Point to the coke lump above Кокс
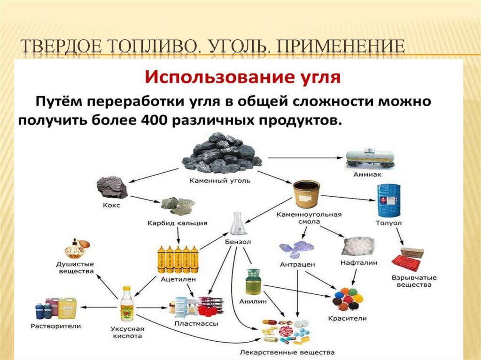tap(112, 187)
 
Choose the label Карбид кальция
tap(177, 223)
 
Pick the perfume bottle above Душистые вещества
tap(75, 249)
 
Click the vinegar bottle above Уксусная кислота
tap(126, 304)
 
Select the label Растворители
tap(55, 325)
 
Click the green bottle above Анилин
tap(252, 282)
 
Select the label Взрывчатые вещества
tap(411, 281)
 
